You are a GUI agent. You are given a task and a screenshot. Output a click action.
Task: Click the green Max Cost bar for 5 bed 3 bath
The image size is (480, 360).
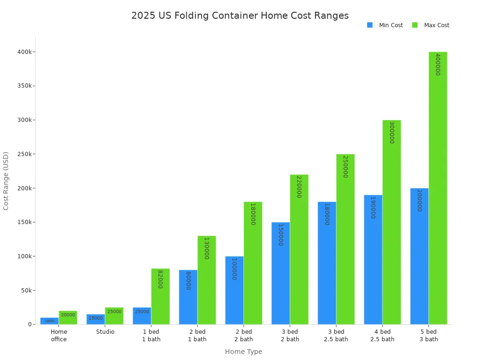438,187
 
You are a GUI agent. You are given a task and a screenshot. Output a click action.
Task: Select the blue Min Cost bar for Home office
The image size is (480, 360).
50,321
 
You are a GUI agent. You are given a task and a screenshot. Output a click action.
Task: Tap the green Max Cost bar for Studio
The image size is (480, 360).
114,316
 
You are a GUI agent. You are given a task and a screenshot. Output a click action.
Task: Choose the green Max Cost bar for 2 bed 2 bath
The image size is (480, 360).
253,263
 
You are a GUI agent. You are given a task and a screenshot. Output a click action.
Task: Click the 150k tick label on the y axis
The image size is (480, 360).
23,222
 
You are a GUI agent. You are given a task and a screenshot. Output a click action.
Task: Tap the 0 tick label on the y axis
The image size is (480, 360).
30,324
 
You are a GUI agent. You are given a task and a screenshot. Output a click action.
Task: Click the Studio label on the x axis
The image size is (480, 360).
105,332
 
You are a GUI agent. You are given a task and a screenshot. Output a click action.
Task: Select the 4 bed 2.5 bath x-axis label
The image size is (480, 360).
382,336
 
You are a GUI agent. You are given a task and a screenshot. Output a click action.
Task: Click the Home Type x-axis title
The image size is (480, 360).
243,352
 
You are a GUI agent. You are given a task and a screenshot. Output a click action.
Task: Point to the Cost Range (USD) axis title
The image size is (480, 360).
6,180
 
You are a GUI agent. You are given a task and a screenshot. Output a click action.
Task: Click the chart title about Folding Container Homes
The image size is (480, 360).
240,15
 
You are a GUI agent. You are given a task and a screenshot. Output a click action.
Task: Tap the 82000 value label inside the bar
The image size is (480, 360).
160,279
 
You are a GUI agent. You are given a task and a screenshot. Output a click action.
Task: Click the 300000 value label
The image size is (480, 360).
391,132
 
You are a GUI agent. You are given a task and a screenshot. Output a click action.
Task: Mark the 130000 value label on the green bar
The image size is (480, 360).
206,248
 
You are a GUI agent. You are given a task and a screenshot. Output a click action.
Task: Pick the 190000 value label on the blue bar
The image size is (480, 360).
373,207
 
